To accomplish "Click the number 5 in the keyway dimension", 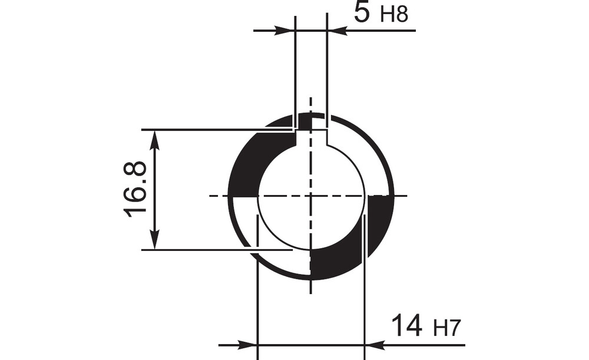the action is tap(362, 12).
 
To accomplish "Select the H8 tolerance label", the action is tap(394, 15).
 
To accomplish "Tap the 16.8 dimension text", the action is tap(135, 190).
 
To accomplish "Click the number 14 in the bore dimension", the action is tap(407, 325).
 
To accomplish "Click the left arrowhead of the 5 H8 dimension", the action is tap(284, 31).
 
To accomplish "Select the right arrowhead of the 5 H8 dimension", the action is tap(337, 31).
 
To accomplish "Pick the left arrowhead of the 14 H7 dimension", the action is tap(247, 344).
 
